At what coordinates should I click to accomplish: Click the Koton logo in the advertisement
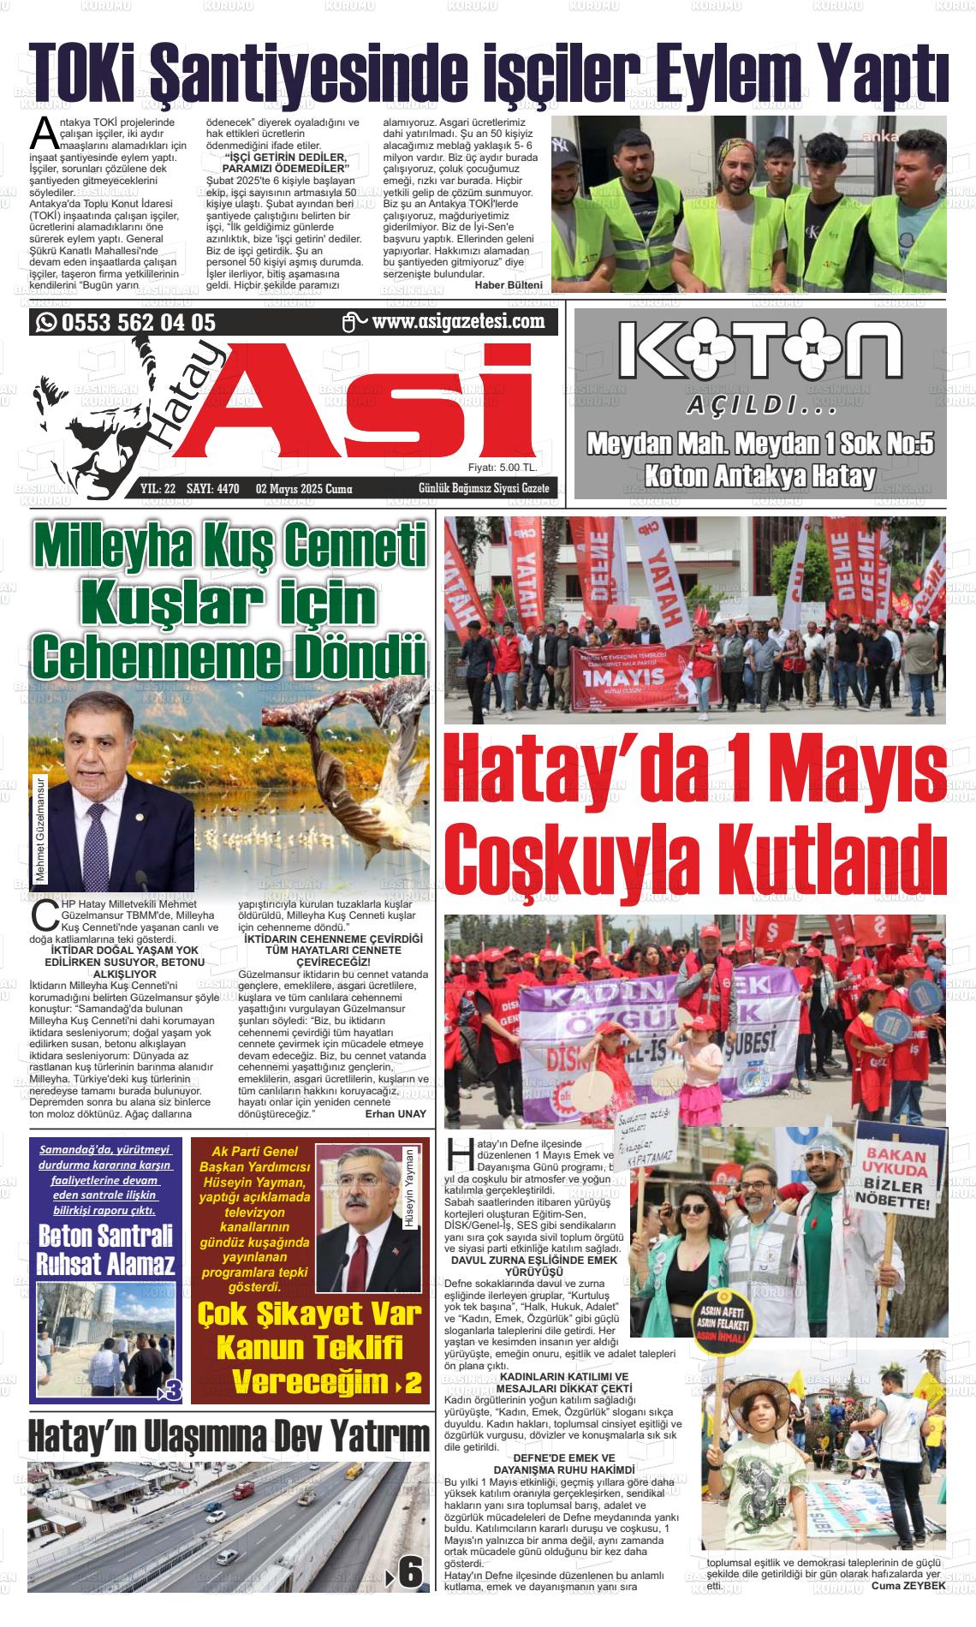tap(759, 351)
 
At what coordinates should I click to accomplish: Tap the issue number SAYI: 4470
tap(216, 489)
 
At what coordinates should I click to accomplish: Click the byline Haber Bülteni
tap(508, 284)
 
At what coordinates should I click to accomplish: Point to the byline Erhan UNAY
tap(395, 1115)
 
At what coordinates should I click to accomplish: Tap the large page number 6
tap(410, 1571)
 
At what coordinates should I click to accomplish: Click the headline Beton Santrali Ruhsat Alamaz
tap(106, 1249)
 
